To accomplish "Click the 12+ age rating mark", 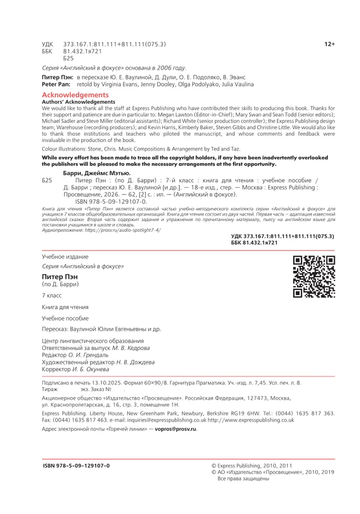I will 330,44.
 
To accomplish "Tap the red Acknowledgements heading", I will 75,95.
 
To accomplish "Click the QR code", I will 314,276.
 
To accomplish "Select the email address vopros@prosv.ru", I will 176,429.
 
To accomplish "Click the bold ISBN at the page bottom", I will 76,465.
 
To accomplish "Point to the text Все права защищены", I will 244,479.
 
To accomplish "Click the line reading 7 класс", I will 52,296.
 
